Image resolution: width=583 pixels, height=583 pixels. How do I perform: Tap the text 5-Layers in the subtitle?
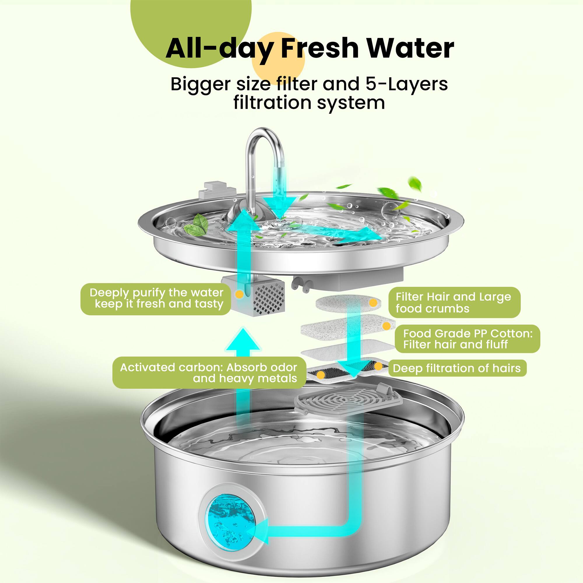407,84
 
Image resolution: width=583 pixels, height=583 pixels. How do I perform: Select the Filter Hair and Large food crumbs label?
454,302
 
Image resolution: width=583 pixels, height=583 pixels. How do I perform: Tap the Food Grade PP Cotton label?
468,338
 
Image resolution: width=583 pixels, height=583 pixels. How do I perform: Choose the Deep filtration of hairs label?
456,368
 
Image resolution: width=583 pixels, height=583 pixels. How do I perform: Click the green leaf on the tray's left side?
196,226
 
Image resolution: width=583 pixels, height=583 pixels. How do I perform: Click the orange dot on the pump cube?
239,294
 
